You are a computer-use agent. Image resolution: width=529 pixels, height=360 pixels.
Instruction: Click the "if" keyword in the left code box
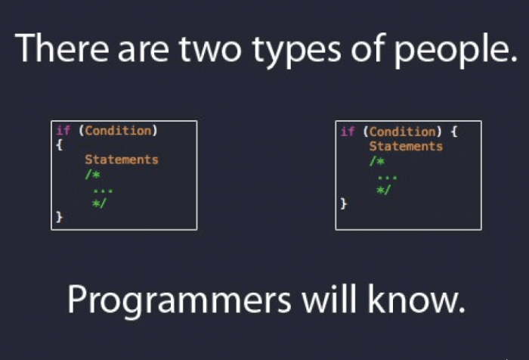click(63, 130)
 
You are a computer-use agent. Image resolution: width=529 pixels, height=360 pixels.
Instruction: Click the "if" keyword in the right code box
click(348, 132)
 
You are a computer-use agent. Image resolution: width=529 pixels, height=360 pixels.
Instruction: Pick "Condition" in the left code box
click(117, 130)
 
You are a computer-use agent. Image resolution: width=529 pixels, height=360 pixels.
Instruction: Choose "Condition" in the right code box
click(402, 132)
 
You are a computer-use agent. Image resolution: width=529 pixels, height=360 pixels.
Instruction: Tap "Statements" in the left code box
click(121, 160)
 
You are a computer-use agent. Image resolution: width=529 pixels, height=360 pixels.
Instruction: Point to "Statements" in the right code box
click(406, 146)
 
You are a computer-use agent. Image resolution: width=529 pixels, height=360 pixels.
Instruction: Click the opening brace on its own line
click(59, 144)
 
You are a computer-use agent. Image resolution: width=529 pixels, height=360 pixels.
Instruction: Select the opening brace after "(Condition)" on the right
click(453, 132)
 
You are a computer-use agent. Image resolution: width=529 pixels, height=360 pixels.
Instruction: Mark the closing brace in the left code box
click(59, 217)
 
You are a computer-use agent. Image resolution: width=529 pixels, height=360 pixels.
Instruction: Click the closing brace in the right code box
click(344, 203)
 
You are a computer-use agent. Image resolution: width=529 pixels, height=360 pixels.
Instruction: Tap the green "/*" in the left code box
click(91, 174)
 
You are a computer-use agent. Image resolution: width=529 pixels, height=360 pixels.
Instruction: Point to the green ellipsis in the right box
click(387, 175)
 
